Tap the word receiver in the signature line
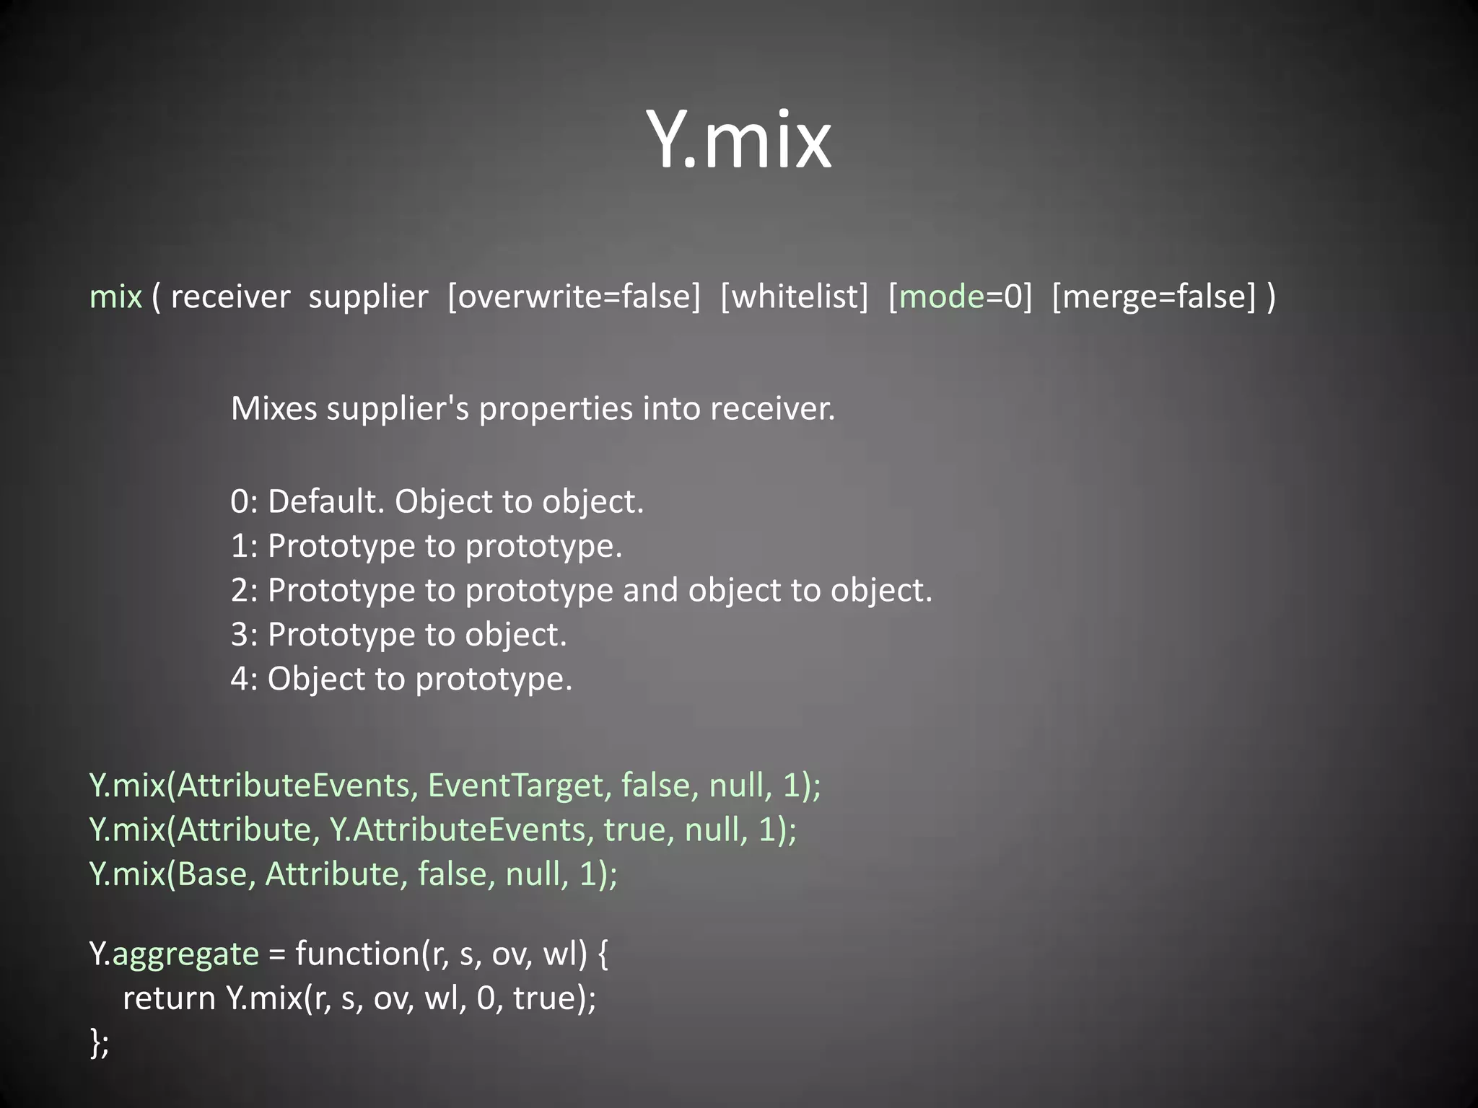[x=230, y=296]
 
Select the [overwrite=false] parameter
[x=574, y=296]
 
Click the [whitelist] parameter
[x=794, y=296]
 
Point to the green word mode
[x=942, y=296]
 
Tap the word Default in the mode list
[x=325, y=501]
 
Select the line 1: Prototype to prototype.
[x=426, y=546]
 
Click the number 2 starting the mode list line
[x=240, y=591]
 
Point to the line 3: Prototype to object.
[x=398, y=635]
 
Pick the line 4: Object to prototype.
[x=401, y=680]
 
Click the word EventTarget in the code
[x=515, y=786]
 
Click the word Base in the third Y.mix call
[x=212, y=874]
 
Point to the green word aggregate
[x=185, y=954]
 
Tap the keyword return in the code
[x=169, y=999]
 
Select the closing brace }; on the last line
[x=100, y=1043]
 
